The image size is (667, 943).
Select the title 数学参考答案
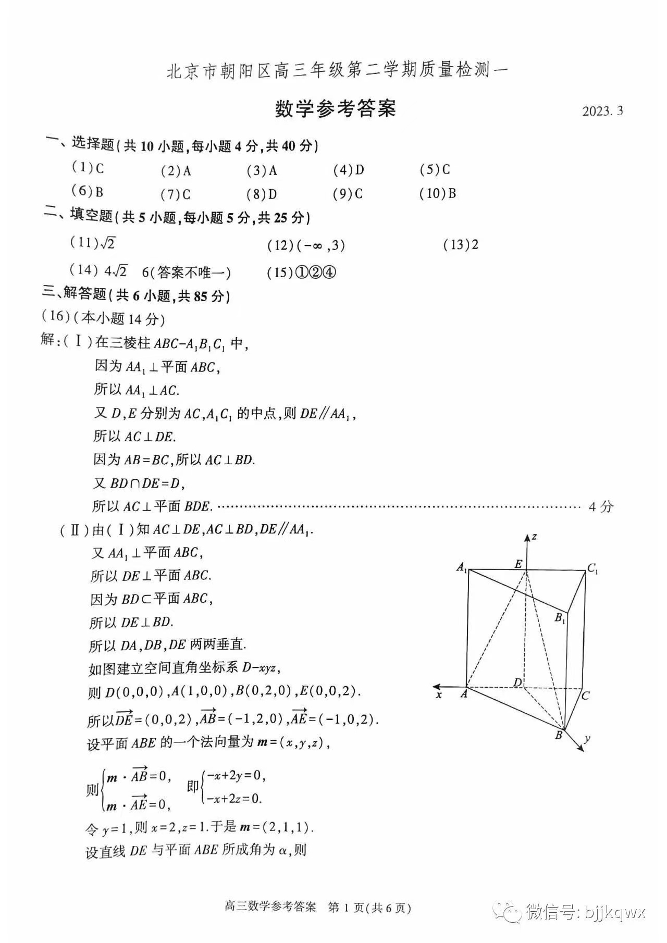(335, 108)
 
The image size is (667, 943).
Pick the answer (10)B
(438, 194)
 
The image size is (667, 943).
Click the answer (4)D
(349, 170)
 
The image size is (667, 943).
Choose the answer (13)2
(461, 245)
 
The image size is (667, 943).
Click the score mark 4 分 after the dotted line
(601, 506)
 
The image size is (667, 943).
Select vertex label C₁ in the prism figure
(592, 569)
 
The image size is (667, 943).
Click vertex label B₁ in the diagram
(560, 618)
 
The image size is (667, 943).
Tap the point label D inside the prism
(518, 683)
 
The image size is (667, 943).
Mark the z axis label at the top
(535, 537)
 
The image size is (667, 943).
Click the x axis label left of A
(439, 695)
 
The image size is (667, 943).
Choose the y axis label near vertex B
(587, 738)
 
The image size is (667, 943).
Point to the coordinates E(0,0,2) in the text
(330, 692)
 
